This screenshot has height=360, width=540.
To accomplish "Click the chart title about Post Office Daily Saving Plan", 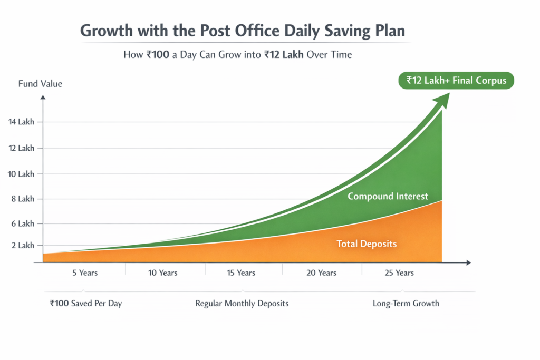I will point(243,31).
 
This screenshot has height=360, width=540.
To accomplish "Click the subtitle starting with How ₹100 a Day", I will point(237,55).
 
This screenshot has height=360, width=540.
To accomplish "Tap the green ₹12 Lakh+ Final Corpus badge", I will point(456,80).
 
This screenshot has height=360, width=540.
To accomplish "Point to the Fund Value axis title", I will point(40,84).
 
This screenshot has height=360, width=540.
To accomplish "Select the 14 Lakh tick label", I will point(21,122).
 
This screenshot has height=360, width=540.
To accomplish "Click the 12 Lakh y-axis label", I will point(21,148).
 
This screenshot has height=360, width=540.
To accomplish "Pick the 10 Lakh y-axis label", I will point(21,174).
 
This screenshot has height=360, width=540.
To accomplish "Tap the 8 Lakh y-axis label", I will point(23,199).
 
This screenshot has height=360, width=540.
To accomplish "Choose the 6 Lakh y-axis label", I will point(23,223).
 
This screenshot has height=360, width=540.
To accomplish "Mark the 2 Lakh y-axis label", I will point(23,246).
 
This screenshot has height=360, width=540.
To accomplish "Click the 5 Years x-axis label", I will point(84,273).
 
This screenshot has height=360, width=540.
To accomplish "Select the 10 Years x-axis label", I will point(162,273).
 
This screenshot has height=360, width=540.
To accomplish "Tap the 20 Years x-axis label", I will point(321,273).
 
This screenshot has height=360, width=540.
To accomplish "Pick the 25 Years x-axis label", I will point(399,273).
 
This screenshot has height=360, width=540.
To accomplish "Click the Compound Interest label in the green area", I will point(388,196).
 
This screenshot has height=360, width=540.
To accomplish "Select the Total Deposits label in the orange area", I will point(367,244).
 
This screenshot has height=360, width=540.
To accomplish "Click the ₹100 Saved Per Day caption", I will point(86,304).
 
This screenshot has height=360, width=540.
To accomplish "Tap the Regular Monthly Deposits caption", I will point(242,304).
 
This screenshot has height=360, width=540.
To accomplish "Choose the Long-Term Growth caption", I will point(406,304).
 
